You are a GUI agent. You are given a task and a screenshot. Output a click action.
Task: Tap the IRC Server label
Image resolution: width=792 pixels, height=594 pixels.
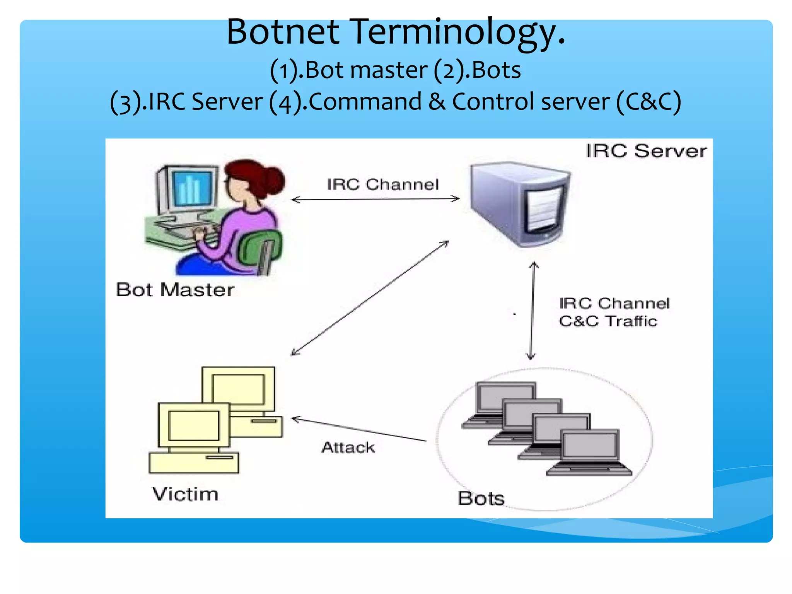point(646,151)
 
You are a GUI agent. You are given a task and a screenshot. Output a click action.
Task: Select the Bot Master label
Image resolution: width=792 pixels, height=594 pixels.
point(175,290)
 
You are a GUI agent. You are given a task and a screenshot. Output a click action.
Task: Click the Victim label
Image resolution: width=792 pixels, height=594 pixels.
point(185,494)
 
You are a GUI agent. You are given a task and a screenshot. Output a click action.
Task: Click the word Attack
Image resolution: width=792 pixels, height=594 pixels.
point(348,447)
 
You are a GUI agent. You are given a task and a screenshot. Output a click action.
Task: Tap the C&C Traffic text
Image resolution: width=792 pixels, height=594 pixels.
point(608,321)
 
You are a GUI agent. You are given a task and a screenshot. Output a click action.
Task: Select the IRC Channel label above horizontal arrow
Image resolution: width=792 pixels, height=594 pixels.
point(383,184)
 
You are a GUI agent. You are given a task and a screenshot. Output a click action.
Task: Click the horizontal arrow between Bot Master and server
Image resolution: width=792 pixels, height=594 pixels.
point(375,199)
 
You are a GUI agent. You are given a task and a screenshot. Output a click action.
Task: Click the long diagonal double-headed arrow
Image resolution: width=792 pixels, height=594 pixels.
point(369,298)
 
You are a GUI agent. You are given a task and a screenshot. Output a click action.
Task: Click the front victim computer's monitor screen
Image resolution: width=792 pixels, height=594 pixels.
point(194,425)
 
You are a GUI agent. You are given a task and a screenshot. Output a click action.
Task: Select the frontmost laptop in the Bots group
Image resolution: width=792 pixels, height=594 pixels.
point(590,452)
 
